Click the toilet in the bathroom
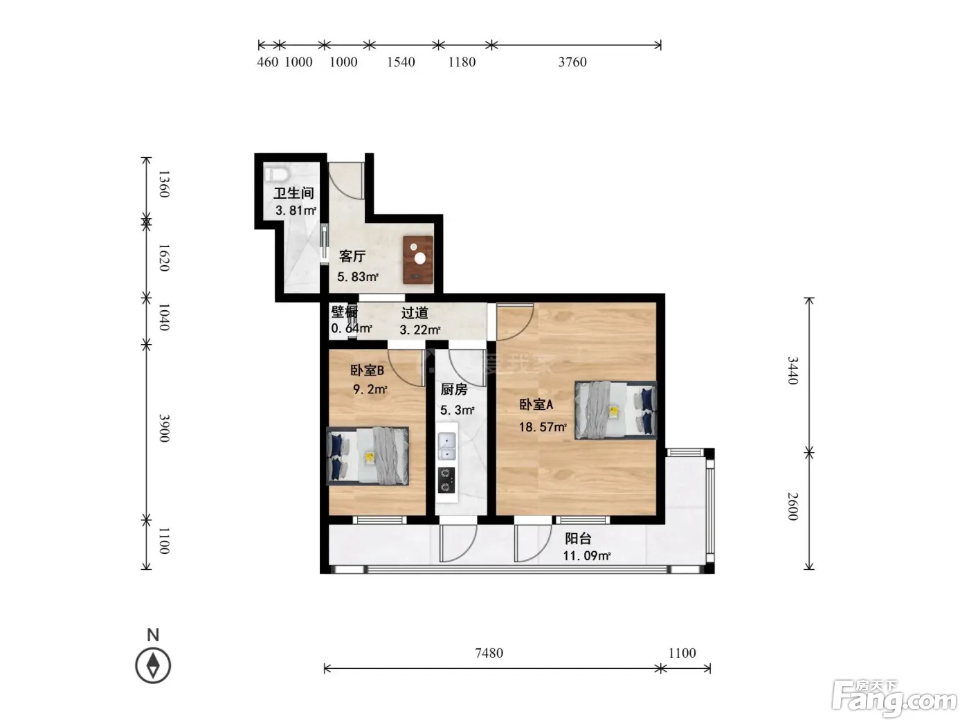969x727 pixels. tap(276, 174)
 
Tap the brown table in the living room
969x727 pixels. tap(417, 260)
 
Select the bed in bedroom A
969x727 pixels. tap(615, 410)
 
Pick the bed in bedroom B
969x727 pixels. tap(368, 456)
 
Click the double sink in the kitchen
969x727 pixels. tap(446, 447)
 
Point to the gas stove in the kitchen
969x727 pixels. tap(446, 480)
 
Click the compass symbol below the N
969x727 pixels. tap(153, 665)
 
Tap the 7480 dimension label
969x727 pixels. tap(489, 653)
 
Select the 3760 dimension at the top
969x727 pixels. tap(572, 62)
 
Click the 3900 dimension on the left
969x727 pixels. tap(164, 428)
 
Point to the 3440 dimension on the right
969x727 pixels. tap(793, 370)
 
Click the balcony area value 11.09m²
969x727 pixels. tap(587, 556)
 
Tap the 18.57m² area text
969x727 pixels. tap(543, 427)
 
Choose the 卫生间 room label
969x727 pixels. tap(293, 193)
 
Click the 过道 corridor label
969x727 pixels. tap(415, 313)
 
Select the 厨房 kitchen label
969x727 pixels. tap(454, 389)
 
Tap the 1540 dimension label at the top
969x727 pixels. tap(401, 62)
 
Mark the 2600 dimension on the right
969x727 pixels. tap(793, 506)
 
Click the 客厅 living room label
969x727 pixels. tap(352, 256)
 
